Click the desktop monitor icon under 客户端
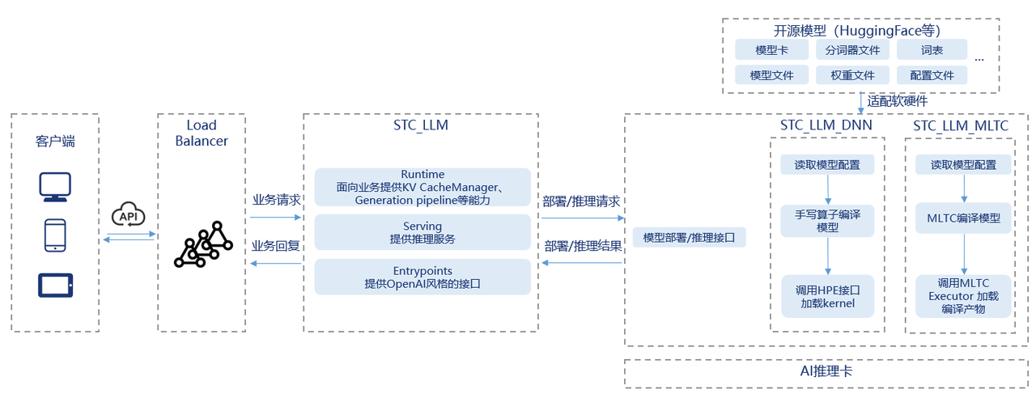[x=55, y=187]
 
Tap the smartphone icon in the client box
[x=55, y=235]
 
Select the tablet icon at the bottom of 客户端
[x=55, y=285]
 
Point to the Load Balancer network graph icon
[x=202, y=244]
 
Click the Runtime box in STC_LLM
[x=422, y=187]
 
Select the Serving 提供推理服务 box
[x=422, y=232]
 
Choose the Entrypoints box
[x=422, y=277]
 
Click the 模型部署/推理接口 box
[x=689, y=238]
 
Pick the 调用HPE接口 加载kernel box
[x=827, y=296]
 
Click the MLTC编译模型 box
[x=963, y=218]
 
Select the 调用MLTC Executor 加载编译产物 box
[x=963, y=296]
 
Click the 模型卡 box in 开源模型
[x=771, y=50]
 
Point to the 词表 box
[x=932, y=50]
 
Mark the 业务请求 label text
[x=277, y=200]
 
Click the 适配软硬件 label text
[x=898, y=101]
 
